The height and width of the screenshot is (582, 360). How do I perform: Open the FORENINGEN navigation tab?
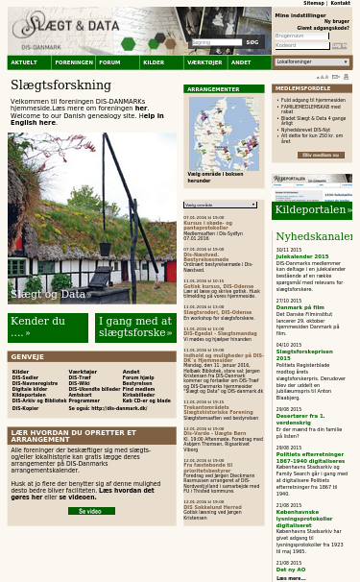(x=74, y=62)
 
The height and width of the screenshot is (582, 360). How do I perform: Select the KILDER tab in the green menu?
(x=154, y=62)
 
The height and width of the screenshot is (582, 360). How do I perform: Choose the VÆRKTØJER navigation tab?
(x=204, y=62)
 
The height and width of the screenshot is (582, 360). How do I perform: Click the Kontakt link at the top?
(x=340, y=4)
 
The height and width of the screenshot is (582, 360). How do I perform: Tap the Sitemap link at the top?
(x=313, y=4)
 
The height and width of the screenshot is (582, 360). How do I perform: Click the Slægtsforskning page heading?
(x=60, y=85)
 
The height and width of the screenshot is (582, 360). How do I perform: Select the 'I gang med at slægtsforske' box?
(x=135, y=327)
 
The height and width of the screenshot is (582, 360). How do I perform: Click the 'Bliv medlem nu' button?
(x=322, y=154)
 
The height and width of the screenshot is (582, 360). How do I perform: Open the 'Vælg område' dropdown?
(x=221, y=205)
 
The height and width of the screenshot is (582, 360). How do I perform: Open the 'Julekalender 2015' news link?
(x=301, y=256)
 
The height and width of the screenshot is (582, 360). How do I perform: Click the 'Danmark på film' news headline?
(x=300, y=307)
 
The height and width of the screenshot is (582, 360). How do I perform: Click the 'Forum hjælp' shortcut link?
(x=137, y=377)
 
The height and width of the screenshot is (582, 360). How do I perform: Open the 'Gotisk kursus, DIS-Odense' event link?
(x=219, y=285)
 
